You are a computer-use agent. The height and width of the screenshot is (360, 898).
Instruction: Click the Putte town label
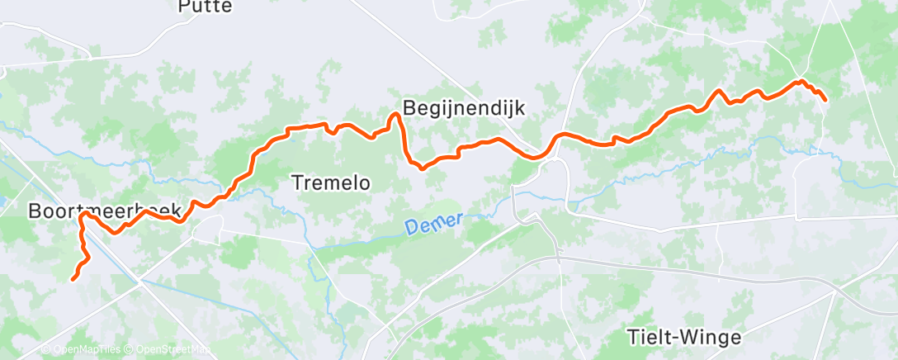coord(206,7)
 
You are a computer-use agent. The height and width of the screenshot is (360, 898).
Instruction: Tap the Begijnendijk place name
coord(463,107)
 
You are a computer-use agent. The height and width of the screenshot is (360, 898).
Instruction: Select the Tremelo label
coord(332,182)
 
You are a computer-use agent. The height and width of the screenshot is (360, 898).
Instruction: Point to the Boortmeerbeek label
coord(105,211)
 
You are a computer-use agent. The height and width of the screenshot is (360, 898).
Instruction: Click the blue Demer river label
coord(435,225)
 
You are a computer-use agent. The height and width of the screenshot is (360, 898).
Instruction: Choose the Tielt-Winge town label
coord(684,337)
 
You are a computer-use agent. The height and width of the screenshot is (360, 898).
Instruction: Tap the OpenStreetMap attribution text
coord(168,349)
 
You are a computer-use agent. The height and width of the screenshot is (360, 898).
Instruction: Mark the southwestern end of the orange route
coord(73,279)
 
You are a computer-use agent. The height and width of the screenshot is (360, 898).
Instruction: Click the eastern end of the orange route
coord(825,100)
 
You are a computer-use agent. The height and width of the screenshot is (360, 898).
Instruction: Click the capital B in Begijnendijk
coord(409,107)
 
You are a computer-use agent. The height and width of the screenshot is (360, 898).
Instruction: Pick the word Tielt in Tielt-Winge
coord(647,337)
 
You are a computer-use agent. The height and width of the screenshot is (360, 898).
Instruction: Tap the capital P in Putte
coord(184,7)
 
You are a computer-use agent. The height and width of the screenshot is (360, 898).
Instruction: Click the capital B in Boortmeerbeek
coord(35,211)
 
